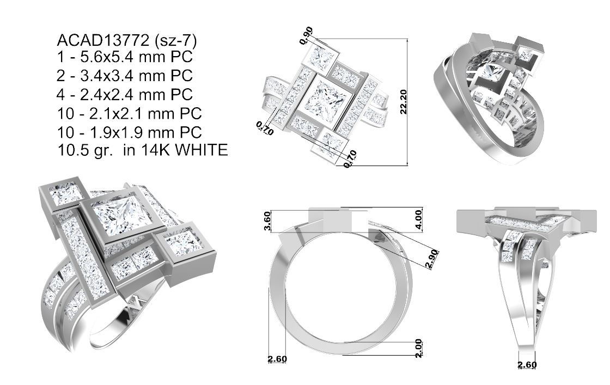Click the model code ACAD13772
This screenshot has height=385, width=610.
coord(103,41)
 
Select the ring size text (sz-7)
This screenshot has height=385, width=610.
coord(175,41)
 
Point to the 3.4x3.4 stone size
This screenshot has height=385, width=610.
coord(100,77)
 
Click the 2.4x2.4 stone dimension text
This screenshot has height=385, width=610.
coord(100,95)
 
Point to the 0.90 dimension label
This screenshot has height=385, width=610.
coord(307,34)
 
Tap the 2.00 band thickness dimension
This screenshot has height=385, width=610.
coord(418,349)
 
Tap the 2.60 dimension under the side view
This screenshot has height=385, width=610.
coord(527,364)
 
